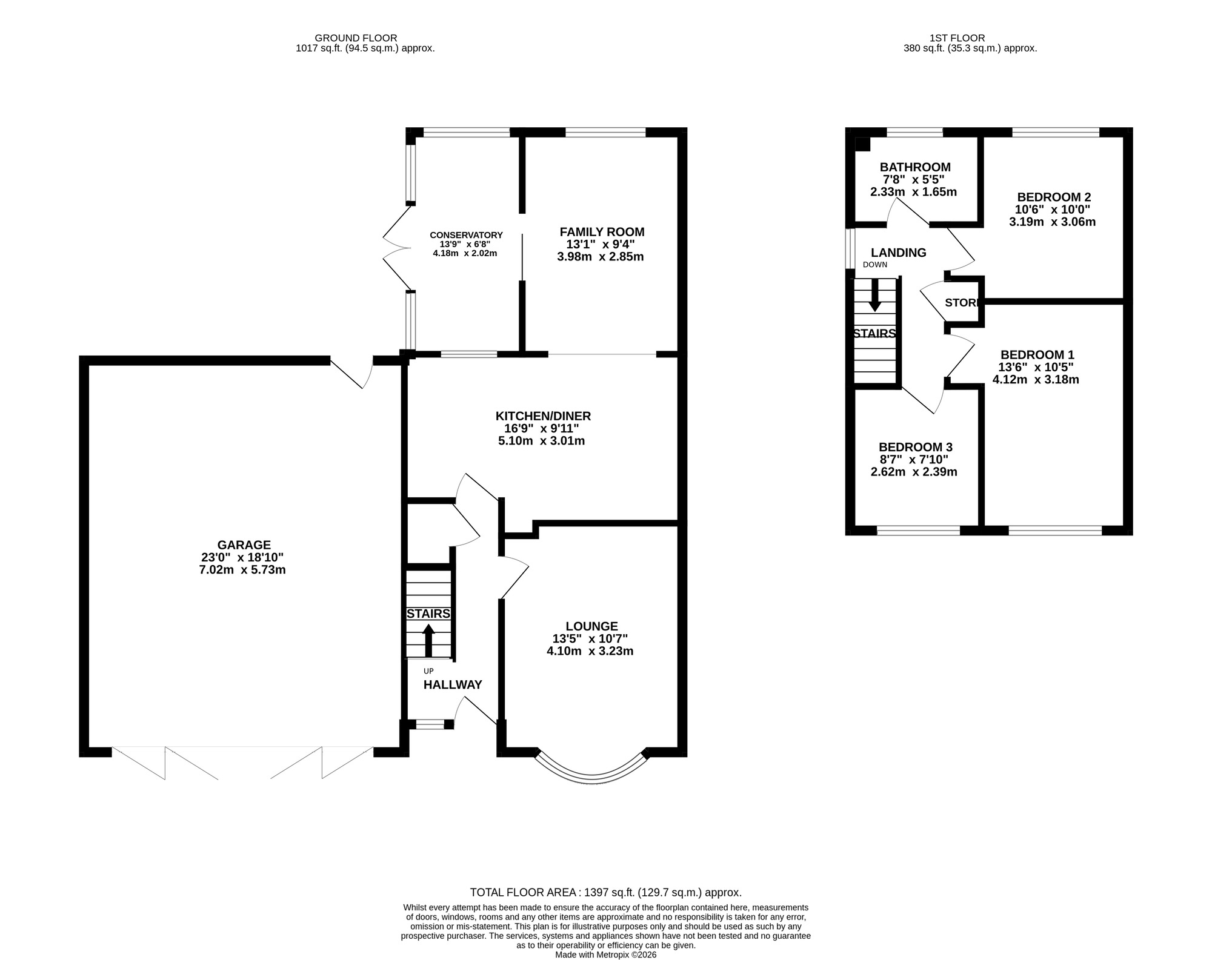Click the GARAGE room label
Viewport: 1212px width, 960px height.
tap(244, 545)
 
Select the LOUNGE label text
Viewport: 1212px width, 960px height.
tap(591, 626)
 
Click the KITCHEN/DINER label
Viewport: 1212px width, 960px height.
tap(543, 416)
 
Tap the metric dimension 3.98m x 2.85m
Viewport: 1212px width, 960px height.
tap(600, 257)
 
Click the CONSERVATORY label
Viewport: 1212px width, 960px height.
tap(466, 235)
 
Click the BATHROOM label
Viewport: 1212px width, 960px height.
tap(915, 167)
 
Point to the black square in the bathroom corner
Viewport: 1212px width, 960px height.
tap(862, 144)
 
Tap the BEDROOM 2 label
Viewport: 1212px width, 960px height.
tap(1054, 197)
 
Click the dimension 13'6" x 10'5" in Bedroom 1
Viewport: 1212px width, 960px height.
tap(1036, 367)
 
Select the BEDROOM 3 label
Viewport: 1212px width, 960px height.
tap(915, 447)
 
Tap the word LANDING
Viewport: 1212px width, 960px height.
tap(898, 253)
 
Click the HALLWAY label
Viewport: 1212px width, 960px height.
tap(452, 684)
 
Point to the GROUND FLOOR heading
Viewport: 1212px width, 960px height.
tap(364, 38)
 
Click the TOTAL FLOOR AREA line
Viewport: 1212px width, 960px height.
tap(605, 892)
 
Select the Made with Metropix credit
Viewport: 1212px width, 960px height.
tap(605, 955)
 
